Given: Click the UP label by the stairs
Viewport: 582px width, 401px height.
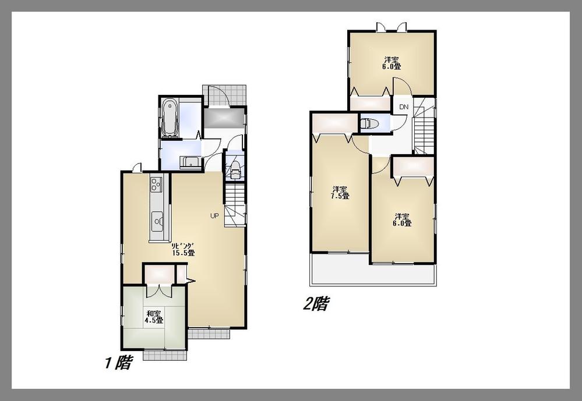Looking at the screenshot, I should click(x=214, y=216).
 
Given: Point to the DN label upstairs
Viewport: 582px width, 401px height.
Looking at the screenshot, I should click(x=403, y=107).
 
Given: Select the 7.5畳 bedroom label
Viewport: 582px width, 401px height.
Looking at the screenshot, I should click(x=340, y=193).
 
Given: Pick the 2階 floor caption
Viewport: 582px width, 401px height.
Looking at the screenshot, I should click(x=315, y=304).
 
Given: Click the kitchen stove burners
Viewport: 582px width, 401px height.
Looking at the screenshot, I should click(x=156, y=186).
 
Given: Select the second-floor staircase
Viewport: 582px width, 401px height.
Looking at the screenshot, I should click(x=425, y=129).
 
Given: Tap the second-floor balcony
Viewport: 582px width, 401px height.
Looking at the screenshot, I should click(x=373, y=274).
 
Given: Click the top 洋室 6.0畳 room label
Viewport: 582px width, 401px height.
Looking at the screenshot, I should click(x=392, y=63).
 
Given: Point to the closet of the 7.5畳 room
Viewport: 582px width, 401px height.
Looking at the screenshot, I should click(x=334, y=123).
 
